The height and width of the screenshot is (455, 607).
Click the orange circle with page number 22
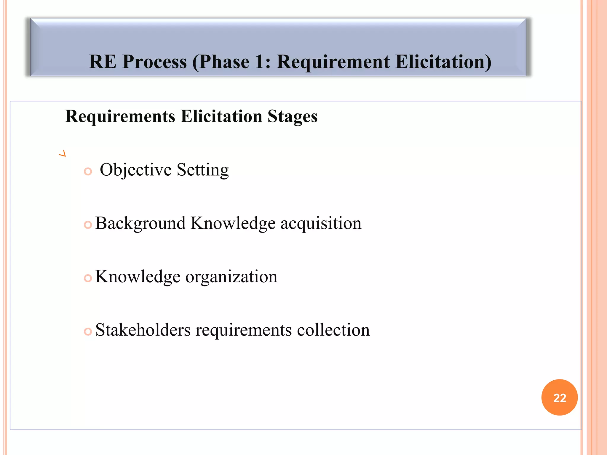(x=559, y=397)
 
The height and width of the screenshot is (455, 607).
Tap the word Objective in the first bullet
(x=136, y=170)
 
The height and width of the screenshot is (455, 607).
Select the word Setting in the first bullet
(x=203, y=170)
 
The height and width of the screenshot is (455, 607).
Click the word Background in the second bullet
(x=140, y=223)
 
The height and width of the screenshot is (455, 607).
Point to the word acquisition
(x=321, y=223)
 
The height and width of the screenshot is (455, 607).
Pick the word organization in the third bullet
(x=231, y=277)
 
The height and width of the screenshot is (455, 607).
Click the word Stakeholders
(x=143, y=330)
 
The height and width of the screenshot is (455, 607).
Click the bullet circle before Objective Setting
(x=88, y=171)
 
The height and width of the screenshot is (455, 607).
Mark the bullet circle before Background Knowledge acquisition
(x=88, y=225)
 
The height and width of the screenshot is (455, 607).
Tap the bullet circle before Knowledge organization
(x=88, y=278)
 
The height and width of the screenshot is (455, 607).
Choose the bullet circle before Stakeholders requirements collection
(x=88, y=331)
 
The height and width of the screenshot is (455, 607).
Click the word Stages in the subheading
(x=293, y=116)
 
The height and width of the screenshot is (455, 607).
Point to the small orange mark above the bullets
(x=63, y=153)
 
